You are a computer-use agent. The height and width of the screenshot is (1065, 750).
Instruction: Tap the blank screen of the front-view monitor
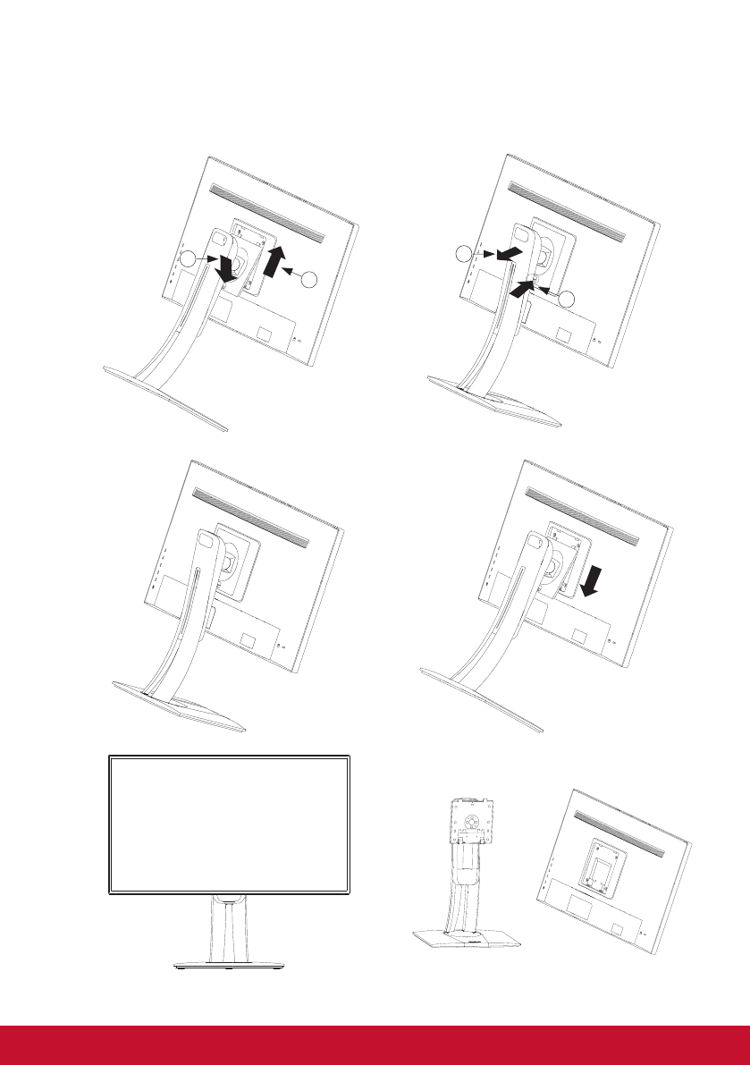coord(228,824)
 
